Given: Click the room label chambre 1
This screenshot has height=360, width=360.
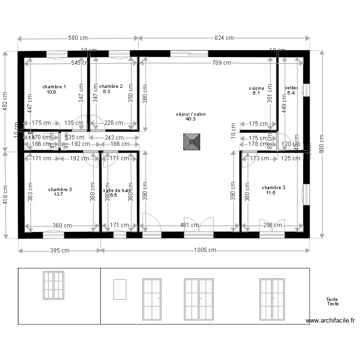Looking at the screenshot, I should (54, 87).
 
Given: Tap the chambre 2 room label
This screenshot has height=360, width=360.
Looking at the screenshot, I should (111, 86).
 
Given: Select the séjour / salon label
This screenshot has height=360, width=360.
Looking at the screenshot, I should (191, 114).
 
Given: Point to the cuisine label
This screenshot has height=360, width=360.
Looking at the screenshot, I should (256, 88).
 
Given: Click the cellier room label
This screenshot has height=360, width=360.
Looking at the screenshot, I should (291, 88).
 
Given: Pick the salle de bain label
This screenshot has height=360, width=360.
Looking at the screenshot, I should (117, 190).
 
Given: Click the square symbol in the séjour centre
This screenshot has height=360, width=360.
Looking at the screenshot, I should (191, 142).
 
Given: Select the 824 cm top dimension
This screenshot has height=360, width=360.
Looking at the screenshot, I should (223, 38).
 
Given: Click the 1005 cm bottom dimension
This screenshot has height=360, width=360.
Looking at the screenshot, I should (205, 250).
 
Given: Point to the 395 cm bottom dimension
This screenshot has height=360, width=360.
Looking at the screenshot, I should (60, 250).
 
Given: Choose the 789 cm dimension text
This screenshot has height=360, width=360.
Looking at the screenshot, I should (220, 63).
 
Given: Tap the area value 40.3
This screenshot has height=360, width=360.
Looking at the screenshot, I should (191, 119).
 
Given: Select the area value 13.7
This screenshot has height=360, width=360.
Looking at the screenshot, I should (59, 194).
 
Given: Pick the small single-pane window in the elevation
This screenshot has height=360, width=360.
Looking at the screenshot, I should (120, 289).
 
